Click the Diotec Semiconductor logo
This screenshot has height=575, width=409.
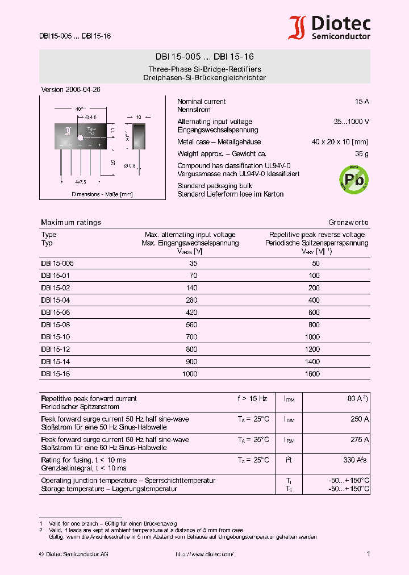click(329, 28)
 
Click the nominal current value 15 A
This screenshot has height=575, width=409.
click(362, 102)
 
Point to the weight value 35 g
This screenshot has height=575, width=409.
click(362, 154)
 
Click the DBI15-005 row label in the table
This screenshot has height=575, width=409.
click(57, 264)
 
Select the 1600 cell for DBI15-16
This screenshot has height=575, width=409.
click(312, 374)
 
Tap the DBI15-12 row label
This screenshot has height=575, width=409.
click(55, 349)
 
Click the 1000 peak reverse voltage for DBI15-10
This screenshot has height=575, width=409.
click(312, 337)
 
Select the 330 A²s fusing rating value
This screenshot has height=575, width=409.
click(355, 460)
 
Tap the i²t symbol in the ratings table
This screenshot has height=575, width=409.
click(289, 460)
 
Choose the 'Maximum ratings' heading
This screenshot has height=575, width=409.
click(71, 222)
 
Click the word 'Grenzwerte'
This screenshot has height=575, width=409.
click(348, 222)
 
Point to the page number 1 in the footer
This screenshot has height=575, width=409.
click(369, 554)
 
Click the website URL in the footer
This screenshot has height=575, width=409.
click(204, 554)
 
